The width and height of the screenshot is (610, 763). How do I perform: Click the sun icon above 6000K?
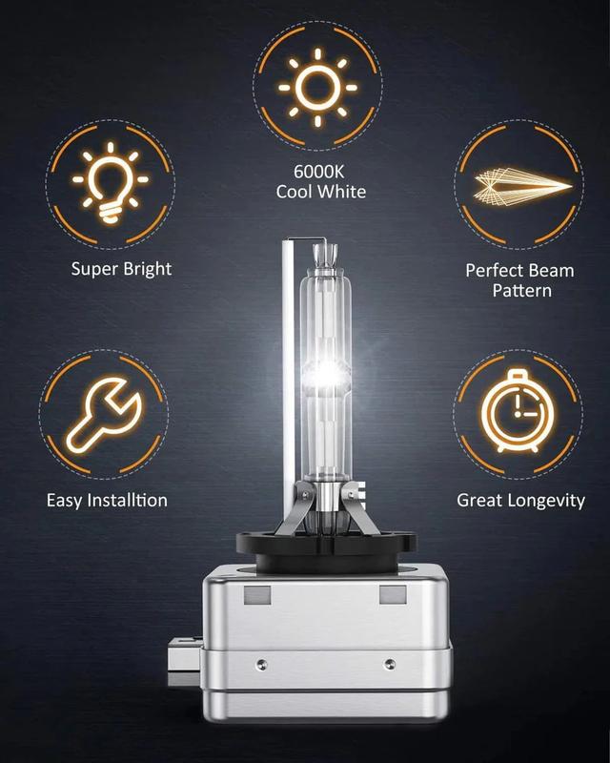click(317, 88)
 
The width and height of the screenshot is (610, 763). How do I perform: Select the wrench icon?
click(104, 415)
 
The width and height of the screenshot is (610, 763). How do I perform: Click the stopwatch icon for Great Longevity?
click(518, 412)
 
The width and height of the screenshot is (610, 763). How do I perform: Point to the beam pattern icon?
click(522, 186)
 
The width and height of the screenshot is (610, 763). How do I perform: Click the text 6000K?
click(319, 172)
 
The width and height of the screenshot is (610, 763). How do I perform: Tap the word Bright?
click(148, 270)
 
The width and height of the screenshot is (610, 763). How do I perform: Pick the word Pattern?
click(522, 291)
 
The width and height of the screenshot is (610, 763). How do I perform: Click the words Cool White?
click(321, 192)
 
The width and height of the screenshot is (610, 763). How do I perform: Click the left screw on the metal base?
click(261, 664)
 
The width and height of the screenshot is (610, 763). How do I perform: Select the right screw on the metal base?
click(389, 663)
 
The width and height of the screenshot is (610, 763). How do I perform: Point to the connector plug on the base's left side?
click(185, 662)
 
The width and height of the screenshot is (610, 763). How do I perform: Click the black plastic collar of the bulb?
click(326, 551)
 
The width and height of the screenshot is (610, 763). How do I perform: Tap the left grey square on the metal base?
click(257, 594)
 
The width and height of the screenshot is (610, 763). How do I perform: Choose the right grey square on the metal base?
click(393, 594)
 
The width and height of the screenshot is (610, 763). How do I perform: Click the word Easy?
click(65, 502)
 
